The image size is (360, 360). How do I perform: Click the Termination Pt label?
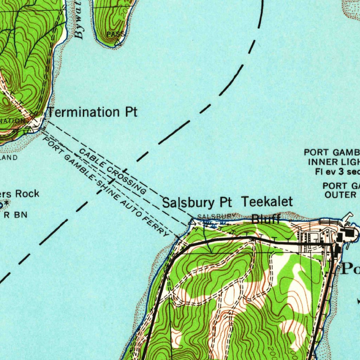(x=92, y=112)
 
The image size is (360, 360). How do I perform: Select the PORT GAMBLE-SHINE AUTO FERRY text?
(x=105, y=186)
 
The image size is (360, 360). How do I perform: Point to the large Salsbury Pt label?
(x=197, y=203)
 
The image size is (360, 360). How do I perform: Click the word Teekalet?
(x=267, y=202)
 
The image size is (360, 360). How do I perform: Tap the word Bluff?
(x=266, y=220)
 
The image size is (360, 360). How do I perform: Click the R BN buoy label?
(x=15, y=215)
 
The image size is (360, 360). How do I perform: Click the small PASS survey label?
(x=115, y=34)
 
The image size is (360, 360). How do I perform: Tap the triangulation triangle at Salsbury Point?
(x=192, y=222)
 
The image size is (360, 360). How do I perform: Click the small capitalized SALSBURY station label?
(x=216, y=216)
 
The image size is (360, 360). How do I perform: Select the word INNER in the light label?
(x=320, y=162)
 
